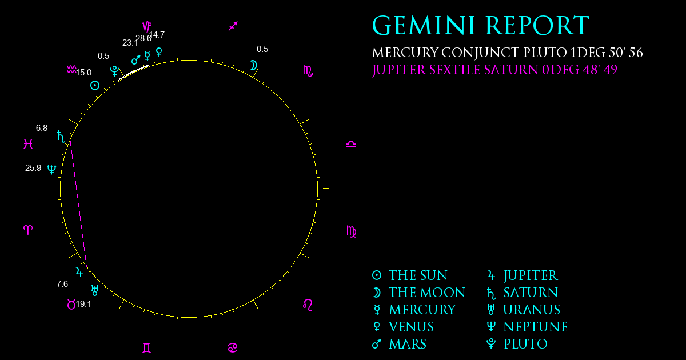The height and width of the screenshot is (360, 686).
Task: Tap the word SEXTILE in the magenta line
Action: (x=454, y=70)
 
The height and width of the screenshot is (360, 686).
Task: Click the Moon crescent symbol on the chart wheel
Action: (x=254, y=65)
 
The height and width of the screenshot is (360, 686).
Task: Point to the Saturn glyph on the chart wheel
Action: (x=61, y=137)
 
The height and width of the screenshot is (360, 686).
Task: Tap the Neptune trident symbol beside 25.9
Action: (x=52, y=169)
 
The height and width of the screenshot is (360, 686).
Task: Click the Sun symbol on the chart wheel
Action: (x=95, y=85)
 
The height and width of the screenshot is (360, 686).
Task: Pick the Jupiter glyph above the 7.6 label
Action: (x=79, y=272)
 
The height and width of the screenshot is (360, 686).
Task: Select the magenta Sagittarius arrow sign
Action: (x=233, y=26)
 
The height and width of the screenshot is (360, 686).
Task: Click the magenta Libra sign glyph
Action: (x=351, y=144)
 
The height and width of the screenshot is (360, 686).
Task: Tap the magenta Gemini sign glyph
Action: (x=147, y=348)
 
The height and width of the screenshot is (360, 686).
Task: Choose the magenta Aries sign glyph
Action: (x=28, y=230)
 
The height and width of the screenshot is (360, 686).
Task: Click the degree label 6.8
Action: (x=42, y=128)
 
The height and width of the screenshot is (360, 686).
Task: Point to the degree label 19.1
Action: (x=83, y=304)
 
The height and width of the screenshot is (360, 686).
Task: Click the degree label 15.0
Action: (x=83, y=73)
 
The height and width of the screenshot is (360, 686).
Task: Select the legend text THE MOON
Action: (x=427, y=293)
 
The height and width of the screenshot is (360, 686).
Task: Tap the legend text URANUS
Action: (x=532, y=310)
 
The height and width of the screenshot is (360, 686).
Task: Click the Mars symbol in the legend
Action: (x=377, y=344)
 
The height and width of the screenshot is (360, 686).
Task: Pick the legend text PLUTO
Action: (x=525, y=344)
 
